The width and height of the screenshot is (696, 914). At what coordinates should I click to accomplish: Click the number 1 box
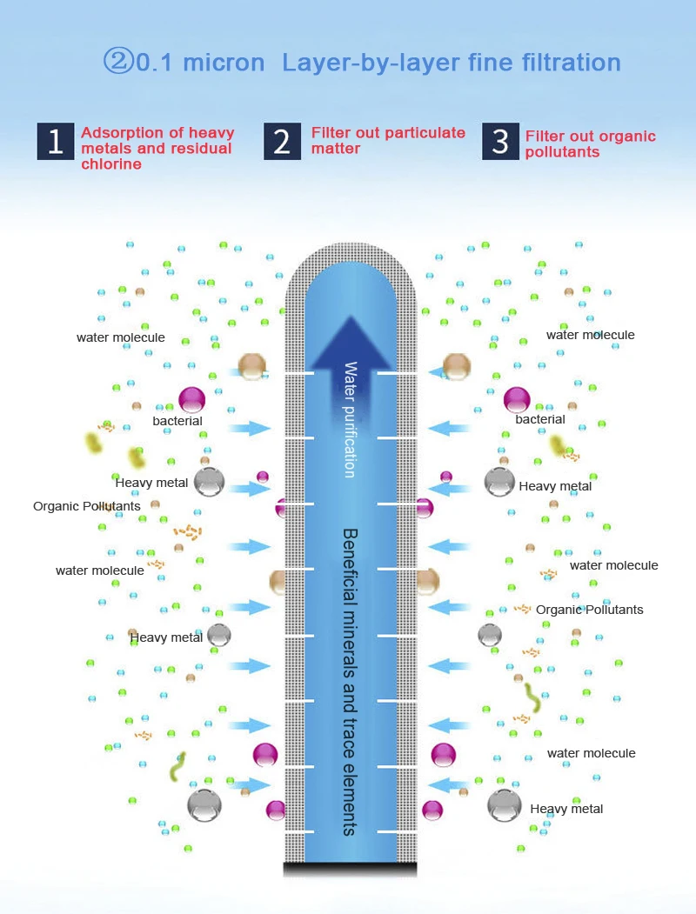[55, 142]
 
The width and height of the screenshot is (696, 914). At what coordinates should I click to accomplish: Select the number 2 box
[282, 141]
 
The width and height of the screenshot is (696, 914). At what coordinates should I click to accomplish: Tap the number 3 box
[500, 141]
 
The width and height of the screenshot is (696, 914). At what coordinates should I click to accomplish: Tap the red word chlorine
[111, 164]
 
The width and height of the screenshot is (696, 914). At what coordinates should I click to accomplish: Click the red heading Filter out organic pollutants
[590, 144]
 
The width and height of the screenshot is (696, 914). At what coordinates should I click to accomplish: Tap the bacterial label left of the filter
[177, 421]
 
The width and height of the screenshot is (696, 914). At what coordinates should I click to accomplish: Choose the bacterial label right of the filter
[540, 419]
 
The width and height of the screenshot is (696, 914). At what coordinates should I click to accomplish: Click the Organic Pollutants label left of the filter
[87, 506]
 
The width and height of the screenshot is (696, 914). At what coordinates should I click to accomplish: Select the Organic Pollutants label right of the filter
[590, 610]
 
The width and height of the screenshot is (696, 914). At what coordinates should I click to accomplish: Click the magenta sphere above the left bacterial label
[191, 399]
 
